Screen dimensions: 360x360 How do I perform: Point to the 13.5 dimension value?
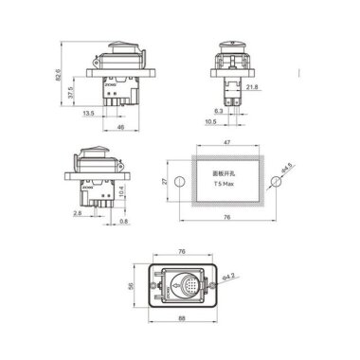[x=87, y=113]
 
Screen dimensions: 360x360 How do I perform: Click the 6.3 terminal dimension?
[x=219, y=111]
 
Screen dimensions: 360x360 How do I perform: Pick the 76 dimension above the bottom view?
[x=183, y=252]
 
